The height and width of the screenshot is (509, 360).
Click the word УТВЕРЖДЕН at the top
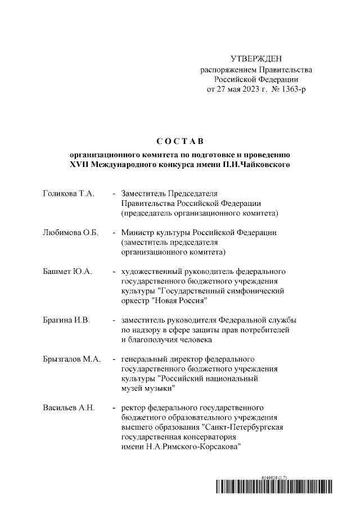point(256,59)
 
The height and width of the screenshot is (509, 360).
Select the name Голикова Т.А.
point(69,193)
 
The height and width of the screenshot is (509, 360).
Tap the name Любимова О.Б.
point(71,232)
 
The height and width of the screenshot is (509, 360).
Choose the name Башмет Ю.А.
point(67,271)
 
